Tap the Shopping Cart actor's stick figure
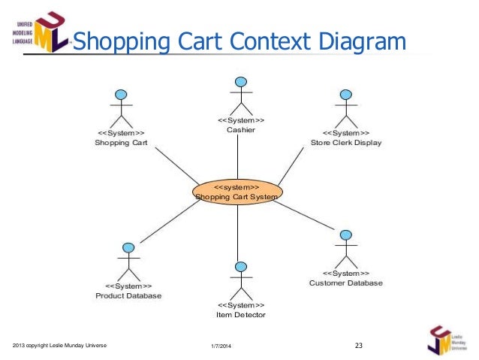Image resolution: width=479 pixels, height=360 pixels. pyautogui.click(x=121, y=109)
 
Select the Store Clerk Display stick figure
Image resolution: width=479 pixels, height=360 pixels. pyautogui.click(x=345, y=109)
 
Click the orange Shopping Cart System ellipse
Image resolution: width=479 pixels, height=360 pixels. pyautogui.click(x=237, y=192)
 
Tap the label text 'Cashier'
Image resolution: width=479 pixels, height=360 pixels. pyautogui.click(x=241, y=130)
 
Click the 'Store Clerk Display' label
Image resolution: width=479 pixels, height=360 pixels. pyautogui.click(x=346, y=143)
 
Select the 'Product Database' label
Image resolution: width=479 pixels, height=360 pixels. pyautogui.click(x=128, y=296)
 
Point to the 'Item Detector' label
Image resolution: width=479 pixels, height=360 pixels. pyautogui.click(x=241, y=315)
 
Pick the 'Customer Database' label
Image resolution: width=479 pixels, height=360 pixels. pyautogui.click(x=346, y=283)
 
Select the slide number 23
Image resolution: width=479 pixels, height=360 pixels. pyautogui.click(x=358, y=346)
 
